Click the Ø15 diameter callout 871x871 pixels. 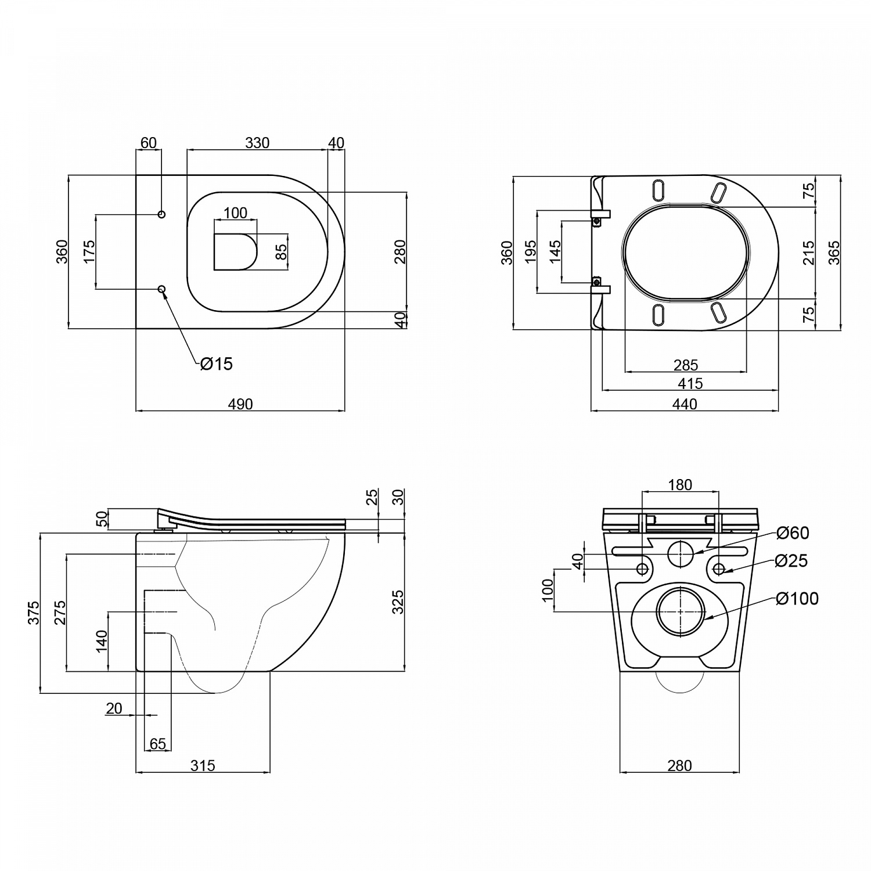coord(217,364)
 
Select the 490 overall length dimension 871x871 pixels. coord(240,404)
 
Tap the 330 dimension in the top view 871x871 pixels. coord(257,143)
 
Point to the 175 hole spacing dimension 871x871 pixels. coord(89,251)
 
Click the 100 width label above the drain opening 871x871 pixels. coord(235,213)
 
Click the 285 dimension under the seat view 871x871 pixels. coord(686,365)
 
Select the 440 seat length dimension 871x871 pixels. coord(685,404)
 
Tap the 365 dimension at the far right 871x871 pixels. coord(834,252)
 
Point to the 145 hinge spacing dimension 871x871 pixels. coord(555,252)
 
